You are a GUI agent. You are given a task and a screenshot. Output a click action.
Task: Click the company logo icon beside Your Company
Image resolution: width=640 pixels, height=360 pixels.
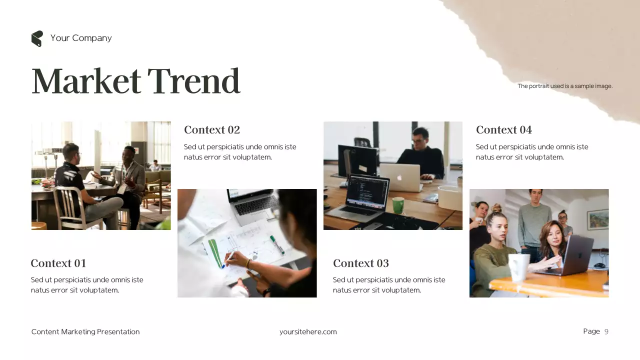coord(37,38)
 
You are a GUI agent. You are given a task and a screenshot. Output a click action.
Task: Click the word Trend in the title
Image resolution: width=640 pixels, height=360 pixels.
coord(193,81)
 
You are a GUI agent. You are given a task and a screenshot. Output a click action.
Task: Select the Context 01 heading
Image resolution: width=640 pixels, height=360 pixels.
coord(58,263)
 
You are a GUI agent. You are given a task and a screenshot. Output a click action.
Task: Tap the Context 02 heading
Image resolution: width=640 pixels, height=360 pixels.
coord(212,130)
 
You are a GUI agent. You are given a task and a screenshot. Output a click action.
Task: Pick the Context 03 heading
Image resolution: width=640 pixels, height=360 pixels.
coord(360,263)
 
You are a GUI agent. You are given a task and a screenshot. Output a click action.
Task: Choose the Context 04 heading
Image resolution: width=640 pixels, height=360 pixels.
coord(503,130)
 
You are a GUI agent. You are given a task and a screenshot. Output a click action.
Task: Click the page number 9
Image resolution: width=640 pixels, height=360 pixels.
coord(606,331)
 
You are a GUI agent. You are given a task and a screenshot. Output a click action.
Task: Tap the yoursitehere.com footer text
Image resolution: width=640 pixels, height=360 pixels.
coord(308,332)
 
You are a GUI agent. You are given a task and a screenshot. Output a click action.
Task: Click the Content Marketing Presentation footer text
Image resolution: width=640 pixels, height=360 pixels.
coord(85,332)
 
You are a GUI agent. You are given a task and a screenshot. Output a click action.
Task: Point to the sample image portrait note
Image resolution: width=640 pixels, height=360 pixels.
coord(565,86)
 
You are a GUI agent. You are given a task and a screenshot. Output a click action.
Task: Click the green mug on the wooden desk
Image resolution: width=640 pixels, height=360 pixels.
coord(398,204)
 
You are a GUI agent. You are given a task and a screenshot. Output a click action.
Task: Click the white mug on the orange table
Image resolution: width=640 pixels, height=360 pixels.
coord(518,267)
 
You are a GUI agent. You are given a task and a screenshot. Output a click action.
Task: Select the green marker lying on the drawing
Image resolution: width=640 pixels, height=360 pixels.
coord(277,244)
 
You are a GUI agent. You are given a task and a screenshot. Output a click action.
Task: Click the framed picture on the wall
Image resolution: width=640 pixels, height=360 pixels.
coord(597,219)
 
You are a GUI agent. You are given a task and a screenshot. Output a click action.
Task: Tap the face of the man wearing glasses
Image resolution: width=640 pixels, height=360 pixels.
coord(420,137)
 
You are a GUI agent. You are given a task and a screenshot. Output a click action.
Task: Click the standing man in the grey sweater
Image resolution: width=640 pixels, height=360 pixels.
coord(534,220)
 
